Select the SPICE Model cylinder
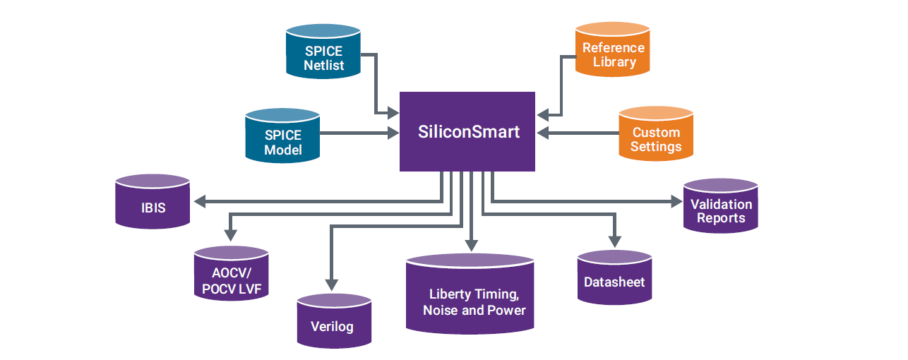pos(283,138)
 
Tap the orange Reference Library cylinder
pos(613,53)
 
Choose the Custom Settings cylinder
pos(656,138)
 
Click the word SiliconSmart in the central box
pos(468,131)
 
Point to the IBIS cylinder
pos(153,205)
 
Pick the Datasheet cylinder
pos(614,280)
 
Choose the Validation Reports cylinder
pos(720,209)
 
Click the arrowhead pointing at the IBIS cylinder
pos(200,203)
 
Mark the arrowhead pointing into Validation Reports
pos(676,203)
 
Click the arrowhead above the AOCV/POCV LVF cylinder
pos(229,234)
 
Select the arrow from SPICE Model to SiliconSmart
pos(360,133)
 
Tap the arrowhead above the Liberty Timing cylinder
pos(469,244)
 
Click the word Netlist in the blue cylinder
pos(324,66)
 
